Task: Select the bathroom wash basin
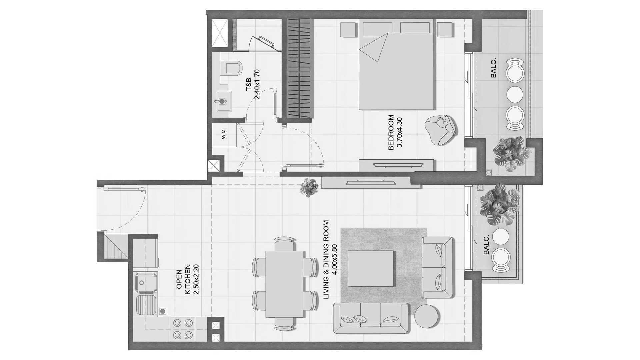tap(222, 100)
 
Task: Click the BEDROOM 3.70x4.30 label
tap(396, 133)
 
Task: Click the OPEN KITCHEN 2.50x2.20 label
tap(188, 279)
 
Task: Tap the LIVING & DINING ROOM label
tap(330, 259)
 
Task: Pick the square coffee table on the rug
tap(371, 268)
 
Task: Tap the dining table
tap(284, 284)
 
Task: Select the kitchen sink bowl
tap(146, 283)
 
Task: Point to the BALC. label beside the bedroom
tap(493, 68)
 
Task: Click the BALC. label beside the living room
tap(486, 244)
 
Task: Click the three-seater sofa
tap(371, 318)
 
